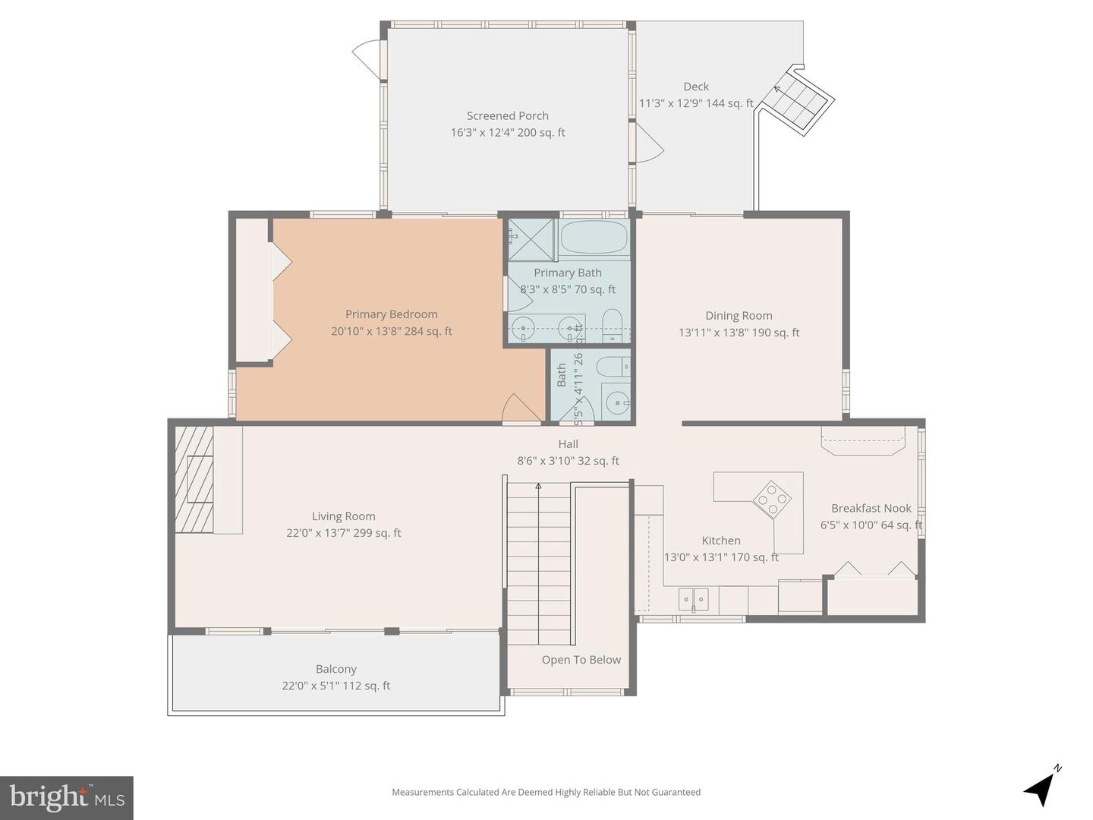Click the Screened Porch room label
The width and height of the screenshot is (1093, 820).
tap(507, 116)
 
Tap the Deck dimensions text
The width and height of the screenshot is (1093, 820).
tap(696, 103)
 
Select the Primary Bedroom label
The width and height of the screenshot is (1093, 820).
tap(391, 314)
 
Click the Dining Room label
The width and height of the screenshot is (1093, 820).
tap(739, 316)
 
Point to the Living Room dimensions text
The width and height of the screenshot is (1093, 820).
tap(343, 533)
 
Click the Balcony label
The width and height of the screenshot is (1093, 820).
tap(335, 669)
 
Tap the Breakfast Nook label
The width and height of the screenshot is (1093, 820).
tap(871, 509)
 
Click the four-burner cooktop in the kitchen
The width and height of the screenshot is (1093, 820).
tap(772, 499)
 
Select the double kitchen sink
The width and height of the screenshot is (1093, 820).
tap(694, 599)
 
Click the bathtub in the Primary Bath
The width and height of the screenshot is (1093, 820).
tap(594, 238)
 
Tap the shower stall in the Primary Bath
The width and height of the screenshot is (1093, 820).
tap(531, 238)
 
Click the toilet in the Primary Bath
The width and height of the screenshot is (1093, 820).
tap(612, 325)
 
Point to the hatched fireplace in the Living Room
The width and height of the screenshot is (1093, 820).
tap(194, 479)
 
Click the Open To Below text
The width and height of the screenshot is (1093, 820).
tap(581, 660)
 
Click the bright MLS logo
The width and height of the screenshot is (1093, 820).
tap(67, 797)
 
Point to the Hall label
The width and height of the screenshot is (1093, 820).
tap(568, 444)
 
